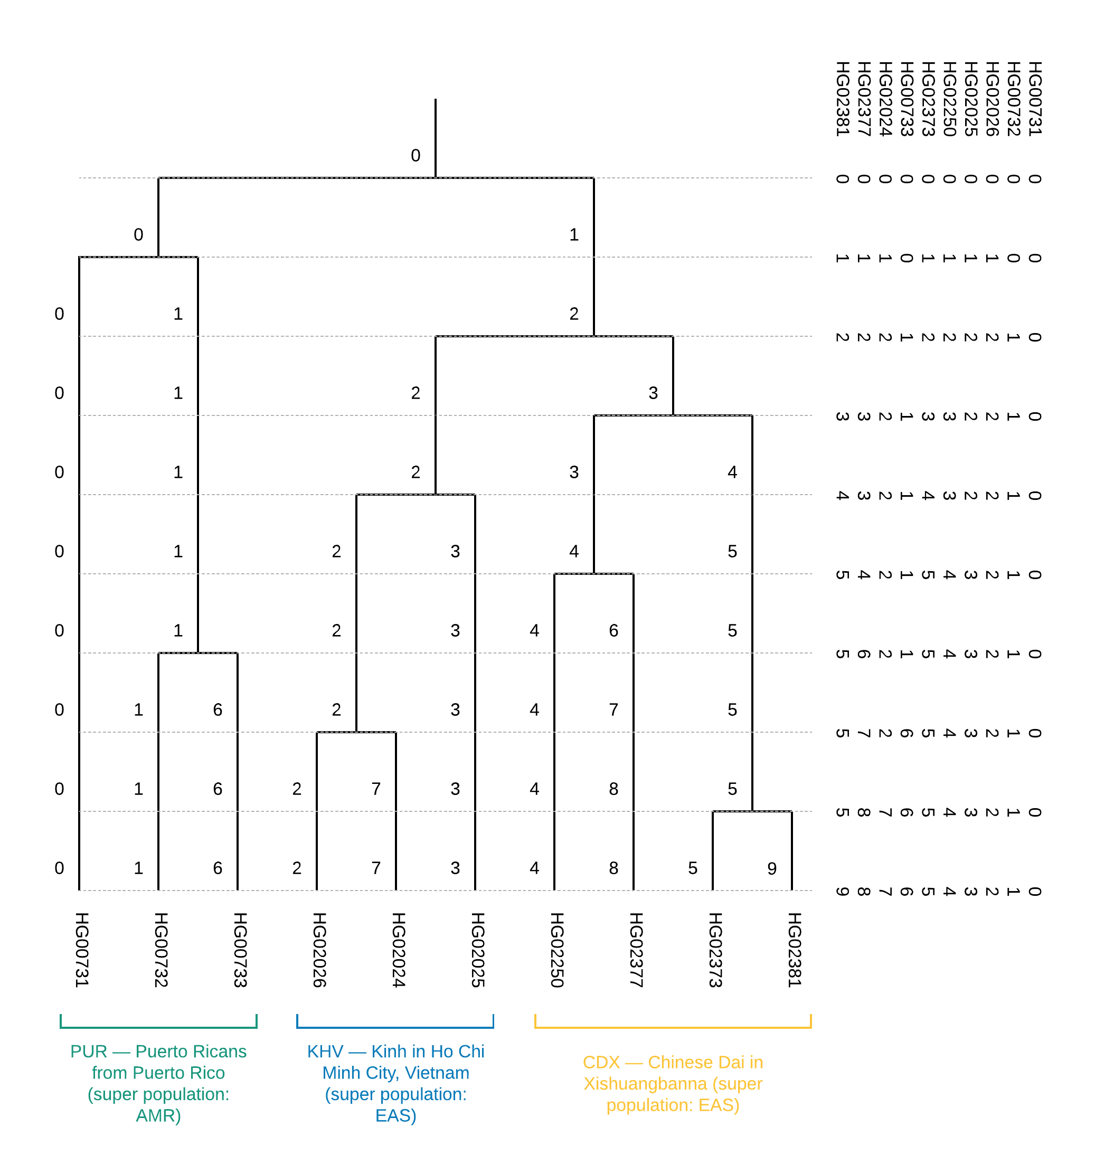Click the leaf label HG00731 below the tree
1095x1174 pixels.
(x=81, y=950)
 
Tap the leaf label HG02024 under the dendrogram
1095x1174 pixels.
(x=398, y=950)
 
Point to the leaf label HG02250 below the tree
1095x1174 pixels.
(x=556, y=950)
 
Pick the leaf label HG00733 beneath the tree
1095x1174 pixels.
(x=240, y=950)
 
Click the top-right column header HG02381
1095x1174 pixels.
(x=842, y=99)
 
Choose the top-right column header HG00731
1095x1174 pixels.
(x=1034, y=99)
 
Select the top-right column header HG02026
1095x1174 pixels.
(x=992, y=99)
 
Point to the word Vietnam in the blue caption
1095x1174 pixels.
(x=438, y=1073)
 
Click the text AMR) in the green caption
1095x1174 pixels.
(x=158, y=1115)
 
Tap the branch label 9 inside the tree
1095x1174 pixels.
(x=771, y=869)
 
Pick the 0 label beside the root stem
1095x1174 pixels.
(x=416, y=156)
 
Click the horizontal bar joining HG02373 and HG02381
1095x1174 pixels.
(x=752, y=812)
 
